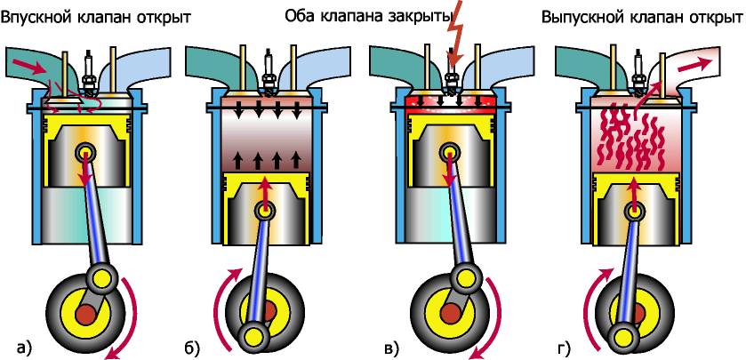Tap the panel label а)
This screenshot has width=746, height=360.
tap(24, 348)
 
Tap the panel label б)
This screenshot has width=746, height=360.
tap(191, 348)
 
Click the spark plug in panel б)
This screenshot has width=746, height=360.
tap(269, 72)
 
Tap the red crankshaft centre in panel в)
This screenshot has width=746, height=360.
tap(449, 315)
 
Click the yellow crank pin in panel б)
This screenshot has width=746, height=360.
tap(252, 334)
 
